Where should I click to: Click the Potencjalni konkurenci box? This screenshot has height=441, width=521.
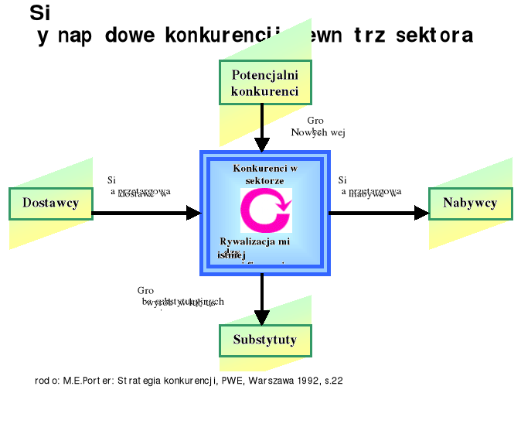coord(264,83)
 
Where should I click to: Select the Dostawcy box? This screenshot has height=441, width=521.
coord(50,203)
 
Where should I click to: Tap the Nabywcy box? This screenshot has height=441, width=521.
coord(470,203)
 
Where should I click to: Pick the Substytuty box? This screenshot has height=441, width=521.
coord(264,340)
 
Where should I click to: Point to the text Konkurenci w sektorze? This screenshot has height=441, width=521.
coord(265,173)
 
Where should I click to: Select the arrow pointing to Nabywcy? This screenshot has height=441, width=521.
coord(379,213)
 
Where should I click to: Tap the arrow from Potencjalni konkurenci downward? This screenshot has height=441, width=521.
coord(263,127)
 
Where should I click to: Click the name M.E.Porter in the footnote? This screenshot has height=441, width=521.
coord(87,381)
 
